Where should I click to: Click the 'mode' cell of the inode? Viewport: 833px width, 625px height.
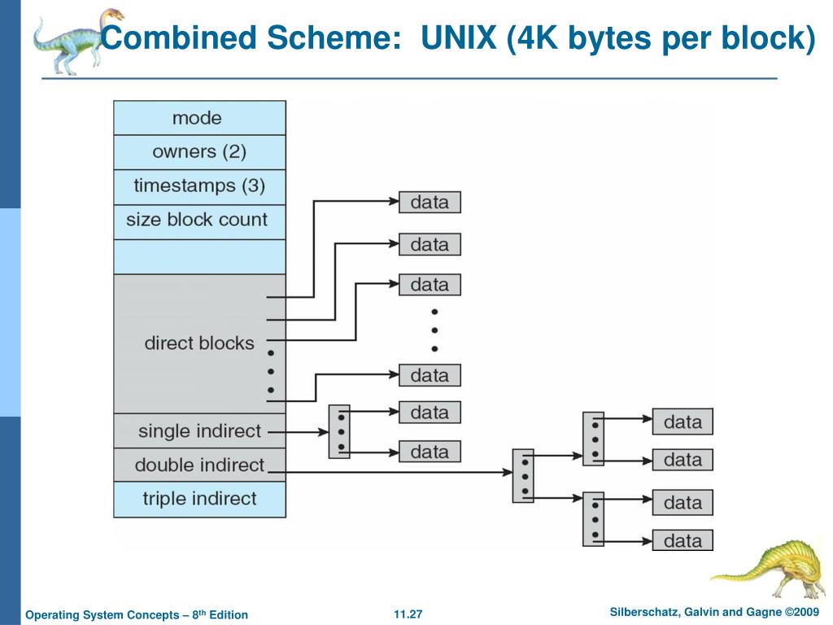(199, 118)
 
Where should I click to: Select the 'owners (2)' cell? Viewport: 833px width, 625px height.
(199, 152)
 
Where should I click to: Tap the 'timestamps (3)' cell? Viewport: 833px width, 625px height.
(199, 186)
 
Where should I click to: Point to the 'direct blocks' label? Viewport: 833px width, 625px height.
(199, 343)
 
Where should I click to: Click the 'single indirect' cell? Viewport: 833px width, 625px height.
(199, 431)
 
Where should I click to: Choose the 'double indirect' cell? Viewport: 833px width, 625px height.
(199, 465)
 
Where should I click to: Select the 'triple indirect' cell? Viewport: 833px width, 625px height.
(199, 499)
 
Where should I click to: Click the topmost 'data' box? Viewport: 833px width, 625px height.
(430, 202)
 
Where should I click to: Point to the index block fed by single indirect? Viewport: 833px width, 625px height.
(339, 431)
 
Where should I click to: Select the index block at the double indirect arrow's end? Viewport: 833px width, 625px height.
(523, 474)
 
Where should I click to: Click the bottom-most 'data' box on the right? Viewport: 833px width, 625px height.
(683, 540)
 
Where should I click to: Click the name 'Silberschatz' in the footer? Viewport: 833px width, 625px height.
(645, 612)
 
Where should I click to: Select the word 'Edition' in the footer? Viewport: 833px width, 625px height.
(229, 615)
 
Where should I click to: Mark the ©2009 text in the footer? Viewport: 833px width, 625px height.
(801, 612)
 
